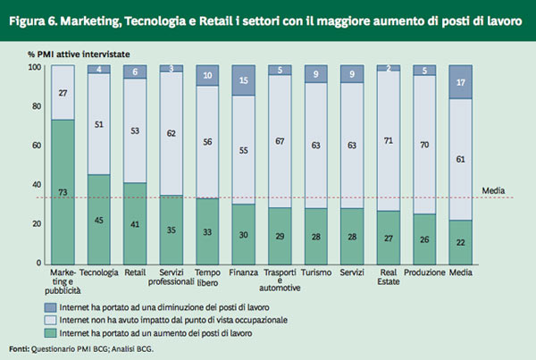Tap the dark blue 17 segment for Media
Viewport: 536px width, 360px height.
click(461, 82)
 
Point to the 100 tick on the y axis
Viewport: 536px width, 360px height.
click(35, 68)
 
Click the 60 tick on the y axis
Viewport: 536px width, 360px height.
click(37, 146)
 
